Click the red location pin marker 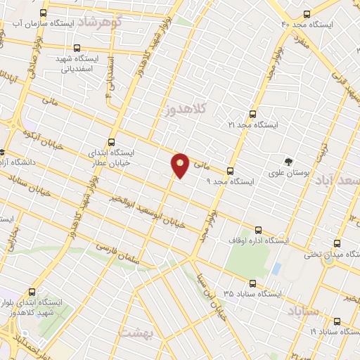pyautogui.click(x=180, y=165)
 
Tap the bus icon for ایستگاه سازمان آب pyautogui.click(x=44, y=13)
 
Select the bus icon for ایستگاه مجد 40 pyautogui.click(x=305, y=13)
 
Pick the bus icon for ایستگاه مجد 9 pyautogui.click(x=230, y=171)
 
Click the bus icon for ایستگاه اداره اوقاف pyautogui.click(x=259, y=229)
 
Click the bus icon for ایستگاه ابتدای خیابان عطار pyautogui.click(x=112, y=141)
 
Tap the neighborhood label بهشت pyautogui.click(x=136, y=331)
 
